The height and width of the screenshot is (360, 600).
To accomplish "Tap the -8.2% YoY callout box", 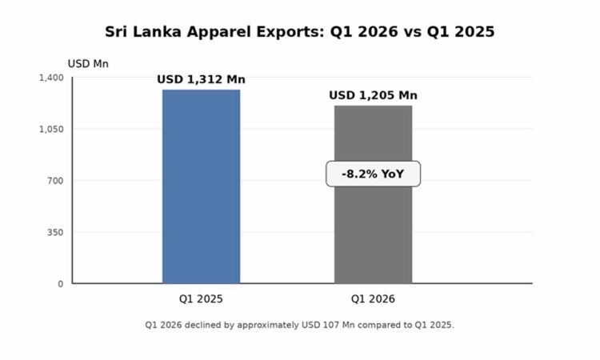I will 373,174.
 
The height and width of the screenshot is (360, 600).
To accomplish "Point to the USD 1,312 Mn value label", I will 201,79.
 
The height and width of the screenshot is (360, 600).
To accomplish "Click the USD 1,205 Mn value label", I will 373,96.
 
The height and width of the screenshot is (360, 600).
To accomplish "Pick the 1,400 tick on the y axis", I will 50,78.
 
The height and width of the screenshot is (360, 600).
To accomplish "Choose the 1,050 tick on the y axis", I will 50,129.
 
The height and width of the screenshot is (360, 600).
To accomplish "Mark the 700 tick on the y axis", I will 54,181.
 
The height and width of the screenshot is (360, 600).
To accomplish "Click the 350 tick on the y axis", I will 54,232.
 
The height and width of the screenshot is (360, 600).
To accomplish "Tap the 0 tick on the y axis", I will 60,284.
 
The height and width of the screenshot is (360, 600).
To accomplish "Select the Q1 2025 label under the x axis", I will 201,299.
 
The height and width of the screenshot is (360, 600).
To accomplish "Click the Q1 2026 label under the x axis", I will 373,299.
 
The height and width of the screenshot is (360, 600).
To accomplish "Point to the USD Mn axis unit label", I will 88,63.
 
